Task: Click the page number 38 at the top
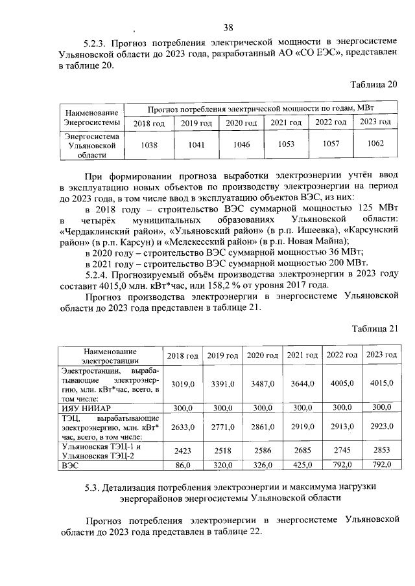[228, 27]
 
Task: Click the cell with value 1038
[149, 145]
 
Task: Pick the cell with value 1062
[375, 144]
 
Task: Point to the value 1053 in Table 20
[286, 144]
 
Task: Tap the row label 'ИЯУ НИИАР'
[83, 409]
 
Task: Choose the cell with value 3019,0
[183, 384]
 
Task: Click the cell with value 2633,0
[183, 428]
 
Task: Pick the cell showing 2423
[183, 451]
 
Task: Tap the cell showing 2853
[381, 450]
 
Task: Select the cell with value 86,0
[183, 465]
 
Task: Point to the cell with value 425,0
[302, 464]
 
